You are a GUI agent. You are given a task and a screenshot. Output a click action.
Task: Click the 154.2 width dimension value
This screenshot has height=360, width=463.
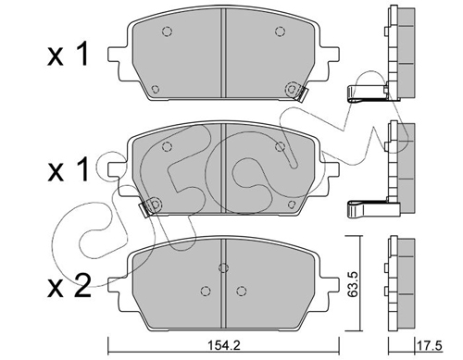223,345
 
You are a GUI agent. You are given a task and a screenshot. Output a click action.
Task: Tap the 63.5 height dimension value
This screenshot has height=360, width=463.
353,284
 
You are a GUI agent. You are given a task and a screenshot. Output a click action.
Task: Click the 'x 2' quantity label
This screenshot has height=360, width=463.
69,286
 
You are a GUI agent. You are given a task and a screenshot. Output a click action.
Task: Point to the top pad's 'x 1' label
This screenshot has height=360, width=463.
69,55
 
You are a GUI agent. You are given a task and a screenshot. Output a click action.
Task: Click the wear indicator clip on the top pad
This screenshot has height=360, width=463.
297,92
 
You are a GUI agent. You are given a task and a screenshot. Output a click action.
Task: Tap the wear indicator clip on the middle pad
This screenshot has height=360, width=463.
150,206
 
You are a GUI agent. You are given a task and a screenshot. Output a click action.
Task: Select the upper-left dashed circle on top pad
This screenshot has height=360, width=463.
167,31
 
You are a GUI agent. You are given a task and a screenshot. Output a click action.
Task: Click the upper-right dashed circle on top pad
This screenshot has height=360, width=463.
280,31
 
